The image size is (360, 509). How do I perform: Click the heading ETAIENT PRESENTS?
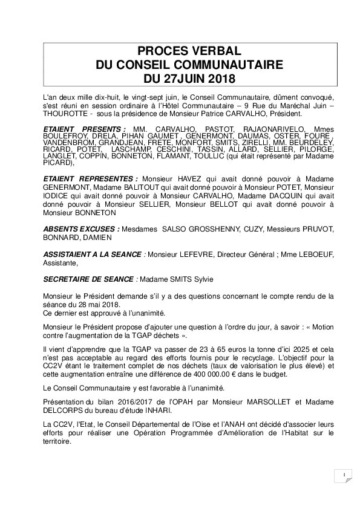84,129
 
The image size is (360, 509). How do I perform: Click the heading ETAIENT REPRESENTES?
90,179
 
